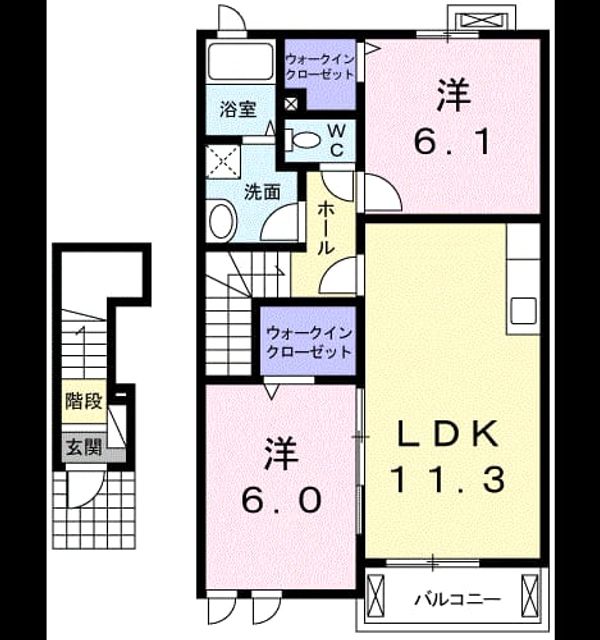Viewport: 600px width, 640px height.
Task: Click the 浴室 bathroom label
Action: click(x=238, y=109)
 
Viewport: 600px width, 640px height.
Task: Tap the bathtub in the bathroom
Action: click(x=240, y=61)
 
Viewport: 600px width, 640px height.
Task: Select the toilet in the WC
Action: click(x=301, y=139)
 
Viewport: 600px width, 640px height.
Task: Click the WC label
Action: click(x=337, y=141)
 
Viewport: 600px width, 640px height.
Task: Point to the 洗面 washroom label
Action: click(x=262, y=192)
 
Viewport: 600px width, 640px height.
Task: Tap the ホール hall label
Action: click(x=327, y=228)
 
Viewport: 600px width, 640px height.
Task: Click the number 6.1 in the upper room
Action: click(x=452, y=142)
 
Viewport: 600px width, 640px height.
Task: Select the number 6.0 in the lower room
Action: click(x=281, y=501)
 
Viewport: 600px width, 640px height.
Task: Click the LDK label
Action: click(x=448, y=434)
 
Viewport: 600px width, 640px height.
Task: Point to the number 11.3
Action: click(x=448, y=480)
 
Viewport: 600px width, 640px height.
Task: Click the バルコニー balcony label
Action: click(x=458, y=600)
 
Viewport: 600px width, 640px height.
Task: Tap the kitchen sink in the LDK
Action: click(x=524, y=311)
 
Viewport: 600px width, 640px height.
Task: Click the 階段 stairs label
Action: click(x=84, y=401)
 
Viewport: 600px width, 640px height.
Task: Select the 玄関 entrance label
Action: click(x=84, y=448)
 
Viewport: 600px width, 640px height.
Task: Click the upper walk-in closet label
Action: click(x=319, y=67)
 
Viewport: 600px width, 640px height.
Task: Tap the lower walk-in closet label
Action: click(x=309, y=342)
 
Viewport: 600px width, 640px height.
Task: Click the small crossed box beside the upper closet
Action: click(x=291, y=104)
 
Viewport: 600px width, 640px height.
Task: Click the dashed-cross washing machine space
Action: click(x=222, y=162)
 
